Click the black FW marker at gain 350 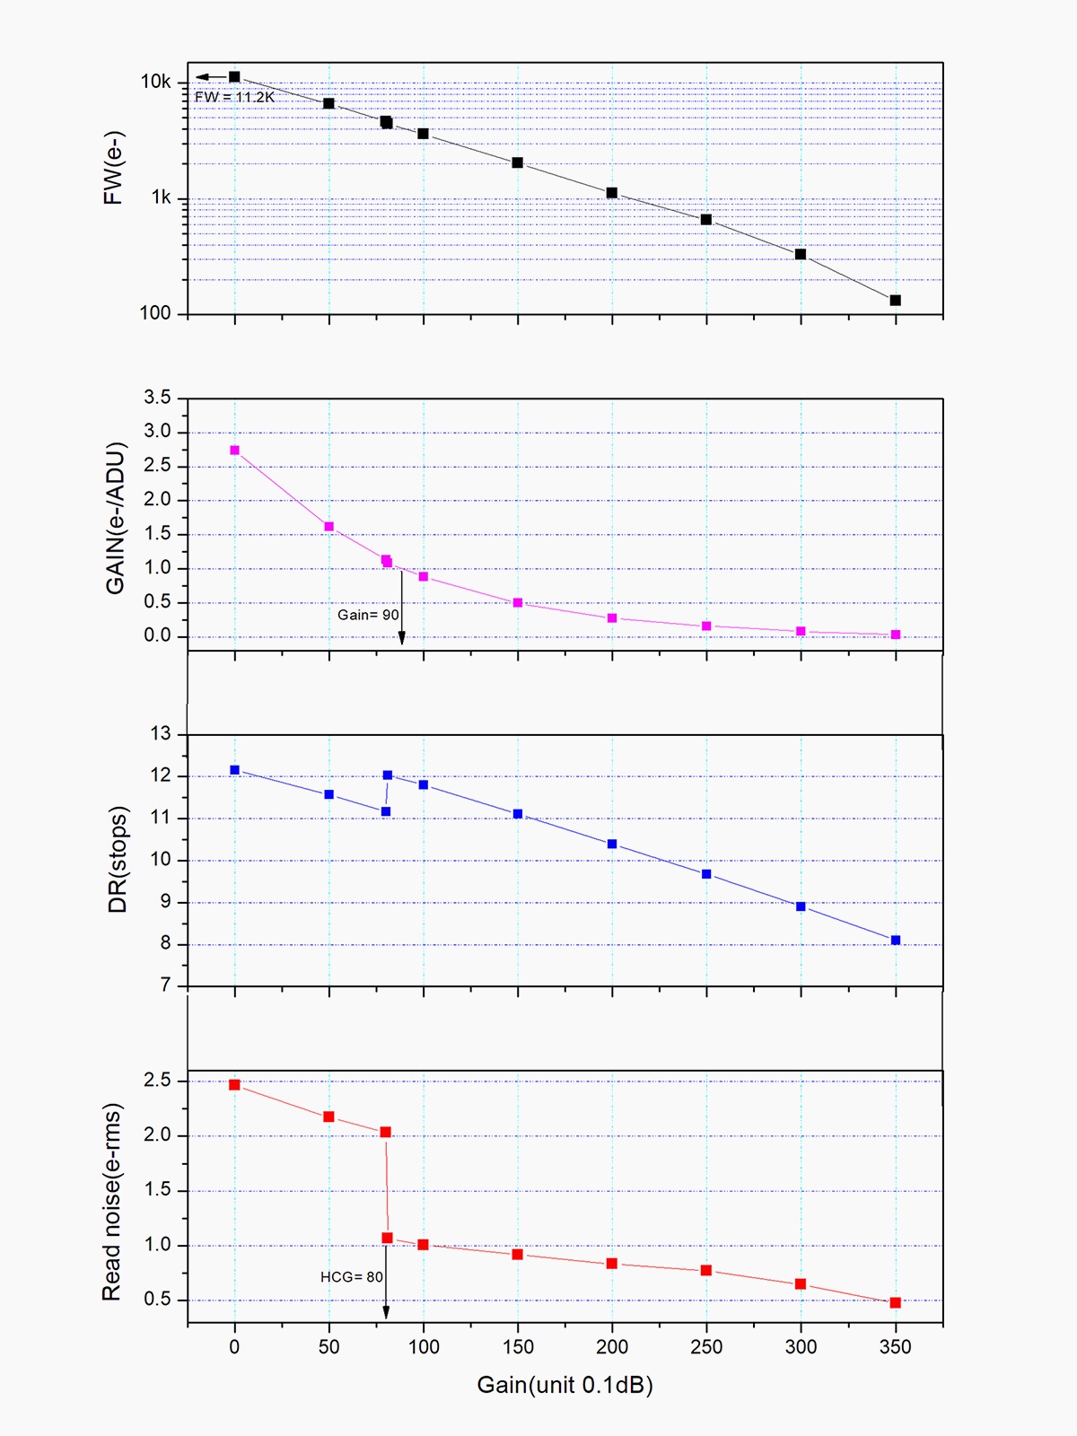pos(895,300)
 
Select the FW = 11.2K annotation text pos(234,97)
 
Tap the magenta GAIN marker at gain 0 pos(234,451)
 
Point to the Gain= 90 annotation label pos(368,615)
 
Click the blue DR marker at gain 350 pos(895,940)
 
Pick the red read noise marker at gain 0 pos(234,1084)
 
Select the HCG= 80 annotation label pos(352,1277)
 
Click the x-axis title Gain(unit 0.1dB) pos(565,1385)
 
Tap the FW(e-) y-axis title pos(113,168)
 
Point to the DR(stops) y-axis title pos(118,859)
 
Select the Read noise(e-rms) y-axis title pos(111,1202)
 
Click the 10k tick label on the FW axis pos(155,82)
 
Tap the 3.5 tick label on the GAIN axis pos(157,398)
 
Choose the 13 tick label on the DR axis pos(160,734)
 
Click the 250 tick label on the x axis pos(706,1346)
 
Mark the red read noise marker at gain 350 pos(895,1302)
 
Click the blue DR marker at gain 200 pos(612,844)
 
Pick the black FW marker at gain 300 pos(801,254)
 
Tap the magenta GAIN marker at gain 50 pos(328,527)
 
